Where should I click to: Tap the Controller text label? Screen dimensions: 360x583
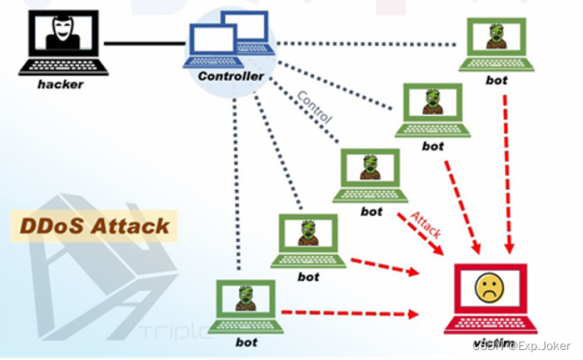click(x=231, y=77)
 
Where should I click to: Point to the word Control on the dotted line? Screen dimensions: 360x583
click(x=314, y=107)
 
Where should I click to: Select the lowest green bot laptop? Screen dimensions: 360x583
click(x=244, y=306)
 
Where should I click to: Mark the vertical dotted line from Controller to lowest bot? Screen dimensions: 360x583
click(x=238, y=183)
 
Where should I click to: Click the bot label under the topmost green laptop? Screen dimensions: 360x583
click(x=496, y=81)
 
